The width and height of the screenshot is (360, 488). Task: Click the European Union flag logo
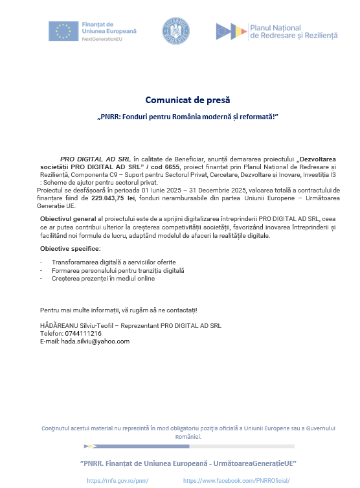[x=63, y=31]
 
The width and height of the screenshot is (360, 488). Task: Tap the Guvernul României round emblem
[x=175, y=31]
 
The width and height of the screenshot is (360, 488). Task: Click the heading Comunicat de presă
[x=187, y=100]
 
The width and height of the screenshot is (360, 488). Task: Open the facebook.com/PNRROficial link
[x=236, y=480]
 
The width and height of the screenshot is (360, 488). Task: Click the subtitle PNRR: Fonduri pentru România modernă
[x=187, y=118]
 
